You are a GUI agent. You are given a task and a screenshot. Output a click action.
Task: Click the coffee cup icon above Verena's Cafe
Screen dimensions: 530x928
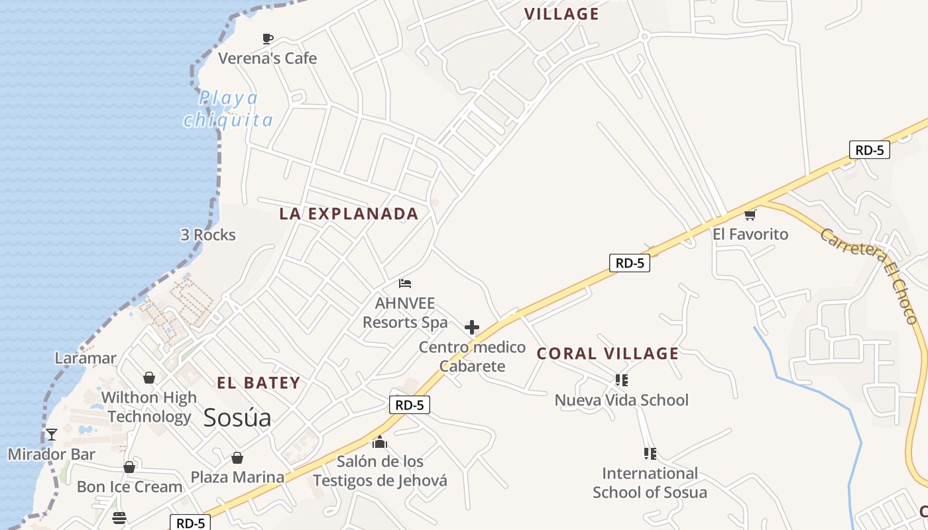point(268,39)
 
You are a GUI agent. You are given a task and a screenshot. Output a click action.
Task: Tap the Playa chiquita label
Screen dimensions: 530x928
point(229,109)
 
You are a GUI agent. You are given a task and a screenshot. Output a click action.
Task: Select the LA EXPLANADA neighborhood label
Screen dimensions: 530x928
point(349,214)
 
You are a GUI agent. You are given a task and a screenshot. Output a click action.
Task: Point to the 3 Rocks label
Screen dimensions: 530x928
point(208,235)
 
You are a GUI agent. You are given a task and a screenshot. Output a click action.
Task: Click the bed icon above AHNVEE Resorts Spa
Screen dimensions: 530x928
point(405,284)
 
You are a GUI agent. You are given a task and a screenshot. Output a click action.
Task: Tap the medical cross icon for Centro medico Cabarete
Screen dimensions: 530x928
point(472,327)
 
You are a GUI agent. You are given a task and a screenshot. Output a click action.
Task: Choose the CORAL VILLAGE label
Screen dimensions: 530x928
point(608,354)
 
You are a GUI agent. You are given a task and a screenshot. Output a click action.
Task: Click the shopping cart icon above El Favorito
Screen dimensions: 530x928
point(750,215)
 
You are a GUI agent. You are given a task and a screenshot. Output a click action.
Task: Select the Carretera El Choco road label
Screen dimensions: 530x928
point(869,275)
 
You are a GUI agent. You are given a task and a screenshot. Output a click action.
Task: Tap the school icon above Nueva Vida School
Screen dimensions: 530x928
point(621,380)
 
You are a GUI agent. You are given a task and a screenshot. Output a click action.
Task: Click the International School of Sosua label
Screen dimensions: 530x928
point(650,483)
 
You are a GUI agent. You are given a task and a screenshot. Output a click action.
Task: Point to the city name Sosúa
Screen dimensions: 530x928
point(237,418)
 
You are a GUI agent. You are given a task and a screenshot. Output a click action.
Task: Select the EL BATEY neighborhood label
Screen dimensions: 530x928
point(259,383)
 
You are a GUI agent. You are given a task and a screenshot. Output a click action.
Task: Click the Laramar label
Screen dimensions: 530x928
point(86,358)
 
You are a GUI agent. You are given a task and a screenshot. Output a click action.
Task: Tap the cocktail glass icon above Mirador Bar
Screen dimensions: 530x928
point(51,435)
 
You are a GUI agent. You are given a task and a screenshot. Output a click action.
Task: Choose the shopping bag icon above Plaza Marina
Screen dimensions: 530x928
point(237,458)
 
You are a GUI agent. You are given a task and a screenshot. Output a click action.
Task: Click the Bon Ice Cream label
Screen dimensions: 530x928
point(129,487)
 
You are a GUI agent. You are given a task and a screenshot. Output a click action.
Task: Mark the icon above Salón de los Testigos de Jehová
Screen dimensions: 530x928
point(380,442)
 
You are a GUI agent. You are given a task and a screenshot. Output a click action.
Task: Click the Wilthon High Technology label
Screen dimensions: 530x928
point(150,407)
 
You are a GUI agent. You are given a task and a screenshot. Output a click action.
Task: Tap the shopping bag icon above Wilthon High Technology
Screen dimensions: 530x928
point(149,378)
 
